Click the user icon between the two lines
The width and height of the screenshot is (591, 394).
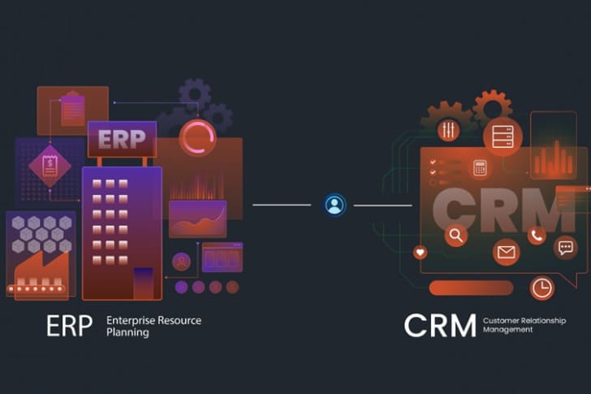tap(334, 205)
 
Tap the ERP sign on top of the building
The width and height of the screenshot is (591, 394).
tap(122, 140)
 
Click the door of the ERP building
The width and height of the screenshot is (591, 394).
tap(143, 282)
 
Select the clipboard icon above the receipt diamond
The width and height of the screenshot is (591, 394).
tap(72, 110)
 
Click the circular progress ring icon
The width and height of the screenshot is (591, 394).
tap(196, 137)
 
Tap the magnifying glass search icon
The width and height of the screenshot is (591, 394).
tap(456, 236)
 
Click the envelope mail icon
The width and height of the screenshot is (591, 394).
tap(506, 253)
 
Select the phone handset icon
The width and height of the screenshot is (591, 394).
tap(537, 236)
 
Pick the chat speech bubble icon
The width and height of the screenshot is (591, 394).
tap(565, 248)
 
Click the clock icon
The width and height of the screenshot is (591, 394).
tap(541, 288)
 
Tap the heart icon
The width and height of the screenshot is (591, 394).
tap(420, 253)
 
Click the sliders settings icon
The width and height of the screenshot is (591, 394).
tap(447, 130)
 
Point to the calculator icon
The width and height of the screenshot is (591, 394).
tap(480, 168)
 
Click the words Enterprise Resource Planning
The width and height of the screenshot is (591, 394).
tap(153, 326)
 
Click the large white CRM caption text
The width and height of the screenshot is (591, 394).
tap(440, 325)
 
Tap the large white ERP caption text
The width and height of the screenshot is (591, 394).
tap(70, 325)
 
